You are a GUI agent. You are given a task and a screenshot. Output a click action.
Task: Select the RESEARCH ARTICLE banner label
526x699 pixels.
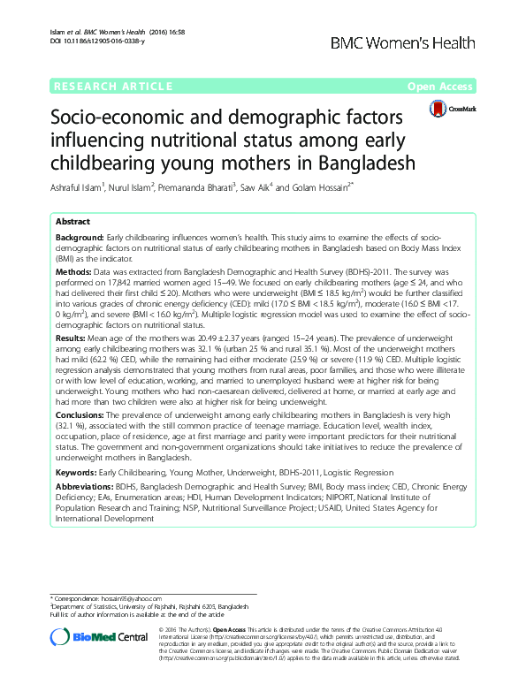pyautogui.click(x=112, y=87)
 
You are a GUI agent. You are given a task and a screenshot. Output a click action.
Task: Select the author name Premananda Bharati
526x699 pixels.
pyautogui.click(x=194, y=186)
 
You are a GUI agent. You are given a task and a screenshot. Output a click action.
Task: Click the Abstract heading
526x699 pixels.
pyautogui.click(x=72, y=221)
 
